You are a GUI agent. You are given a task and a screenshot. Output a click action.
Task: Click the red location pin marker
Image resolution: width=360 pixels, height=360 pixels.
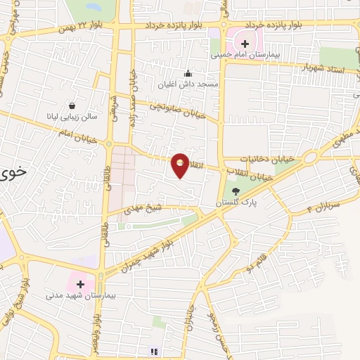(181, 165)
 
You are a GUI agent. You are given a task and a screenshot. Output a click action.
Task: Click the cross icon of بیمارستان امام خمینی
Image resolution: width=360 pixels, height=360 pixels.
(245, 43)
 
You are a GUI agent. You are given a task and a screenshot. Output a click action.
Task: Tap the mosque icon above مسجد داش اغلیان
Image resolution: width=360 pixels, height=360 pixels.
(188, 73)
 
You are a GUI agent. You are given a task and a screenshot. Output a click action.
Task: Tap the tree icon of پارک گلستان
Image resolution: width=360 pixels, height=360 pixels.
(236, 191)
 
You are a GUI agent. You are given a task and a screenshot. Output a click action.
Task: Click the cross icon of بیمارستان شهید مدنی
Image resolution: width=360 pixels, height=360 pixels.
(80, 285)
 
